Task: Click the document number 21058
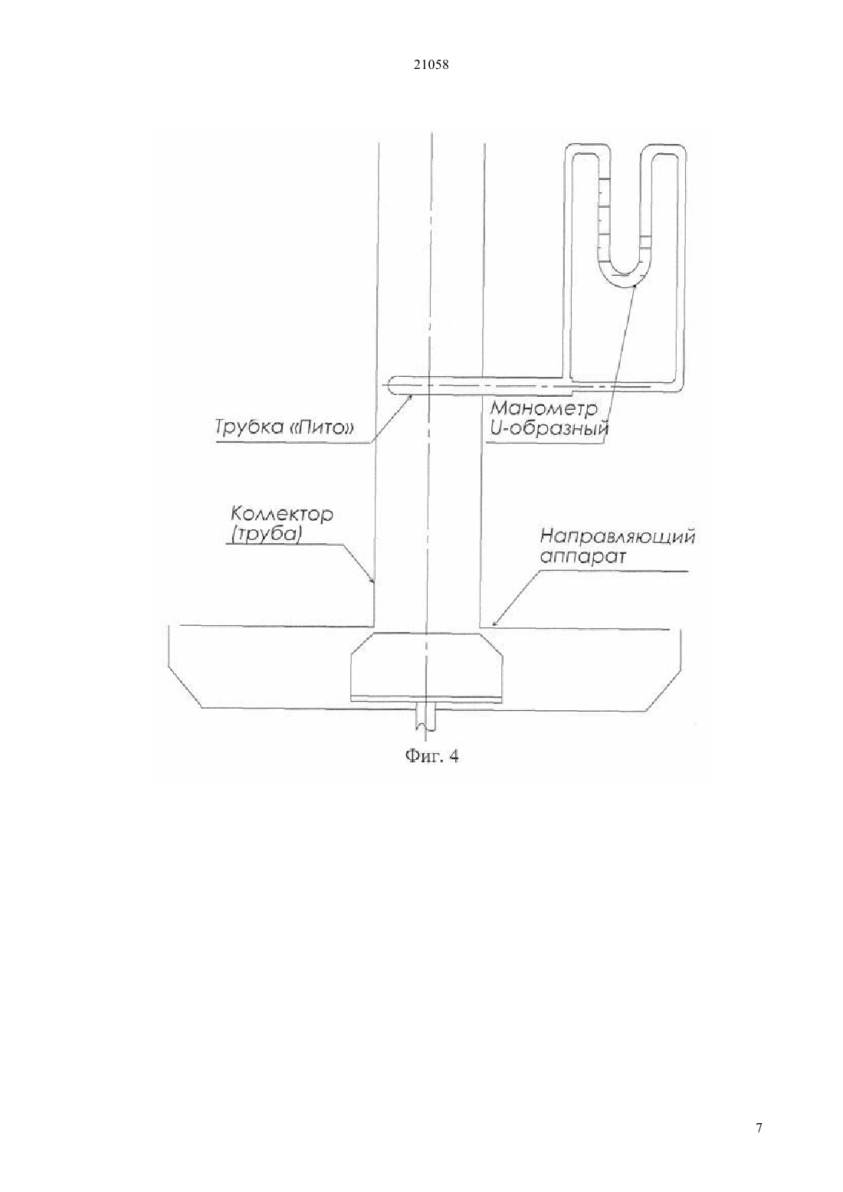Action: coord(431,65)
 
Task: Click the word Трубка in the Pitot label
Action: coord(248,427)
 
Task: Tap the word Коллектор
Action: coord(281,514)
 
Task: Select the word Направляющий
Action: coord(618,537)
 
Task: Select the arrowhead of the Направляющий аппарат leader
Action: coord(496,621)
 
